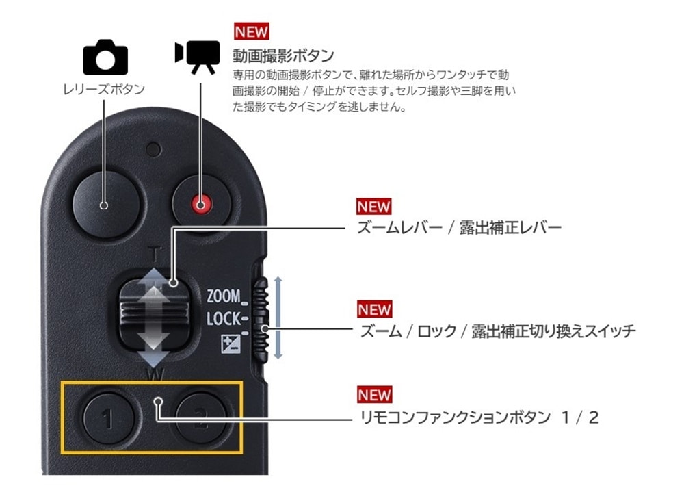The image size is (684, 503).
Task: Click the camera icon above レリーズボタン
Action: point(105,57)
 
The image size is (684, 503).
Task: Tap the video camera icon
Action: point(197,57)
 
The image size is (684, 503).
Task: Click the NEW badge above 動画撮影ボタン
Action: point(251,31)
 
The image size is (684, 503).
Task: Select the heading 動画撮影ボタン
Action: point(283,55)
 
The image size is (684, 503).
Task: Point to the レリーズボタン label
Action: point(104,90)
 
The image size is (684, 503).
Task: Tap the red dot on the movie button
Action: point(200,204)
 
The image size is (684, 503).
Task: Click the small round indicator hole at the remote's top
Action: point(153,149)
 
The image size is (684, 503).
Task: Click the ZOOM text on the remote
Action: point(224,296)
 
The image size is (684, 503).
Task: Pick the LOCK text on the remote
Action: point(224,319)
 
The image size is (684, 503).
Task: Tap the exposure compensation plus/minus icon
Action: point(231,344)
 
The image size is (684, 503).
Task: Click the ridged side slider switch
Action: point(261,320)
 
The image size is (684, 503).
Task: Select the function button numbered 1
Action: point(109,418)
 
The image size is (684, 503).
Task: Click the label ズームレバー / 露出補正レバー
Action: point(460,227)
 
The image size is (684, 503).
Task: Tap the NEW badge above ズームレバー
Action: point(374,207)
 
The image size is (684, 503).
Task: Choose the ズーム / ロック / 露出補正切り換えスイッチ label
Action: point(497,331)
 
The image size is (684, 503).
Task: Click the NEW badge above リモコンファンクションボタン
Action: point(374,395)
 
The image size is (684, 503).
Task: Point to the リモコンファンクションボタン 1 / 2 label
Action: point(479,417)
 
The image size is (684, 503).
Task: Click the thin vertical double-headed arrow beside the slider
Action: point(278,318)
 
